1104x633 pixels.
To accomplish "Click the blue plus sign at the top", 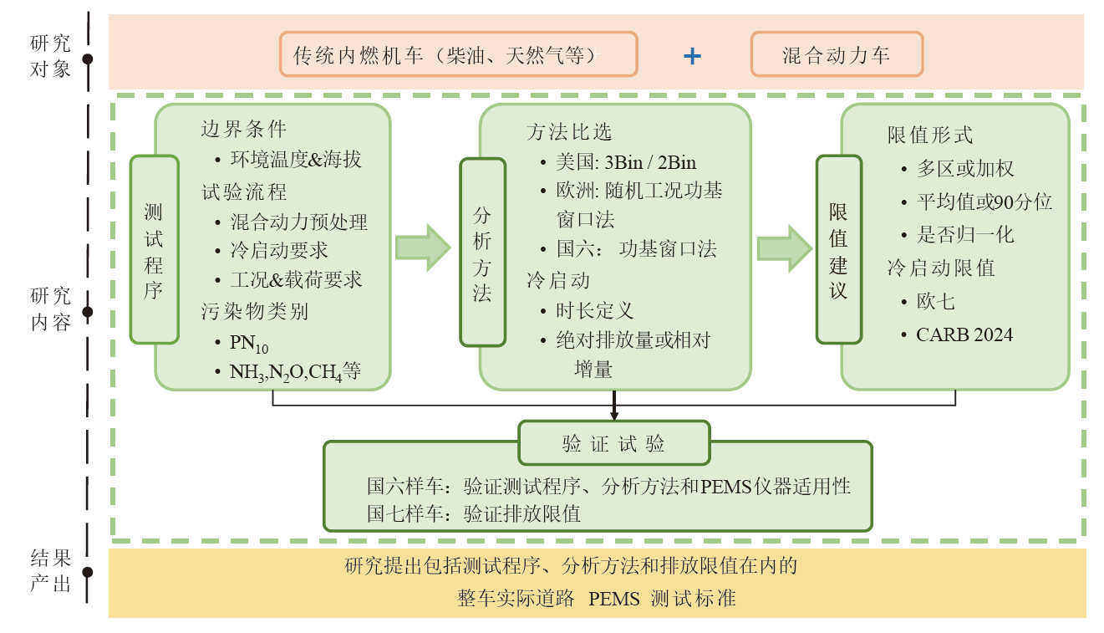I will tap(692, 56).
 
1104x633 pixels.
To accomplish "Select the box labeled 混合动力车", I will tap(837, 55).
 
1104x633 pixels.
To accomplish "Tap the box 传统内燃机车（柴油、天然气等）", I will tap(459, 55).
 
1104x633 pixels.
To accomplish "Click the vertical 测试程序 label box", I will tap(154, 249).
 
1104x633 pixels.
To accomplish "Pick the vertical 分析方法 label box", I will tap(482, 252).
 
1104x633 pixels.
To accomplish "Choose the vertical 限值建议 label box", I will tap(838, 249).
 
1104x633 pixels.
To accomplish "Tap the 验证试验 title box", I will tap(614, 443).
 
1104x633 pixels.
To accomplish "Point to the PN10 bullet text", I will tap(249, 343).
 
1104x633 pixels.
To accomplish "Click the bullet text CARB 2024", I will tap(964, 335).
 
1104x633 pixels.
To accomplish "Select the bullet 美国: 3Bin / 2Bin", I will tap(626, 162).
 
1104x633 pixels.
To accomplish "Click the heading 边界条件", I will tap(243, 129).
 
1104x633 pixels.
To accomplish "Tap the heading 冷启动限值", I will tap(940, 268).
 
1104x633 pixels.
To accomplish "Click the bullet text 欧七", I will tap(936, 302).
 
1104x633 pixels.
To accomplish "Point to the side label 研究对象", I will tap(51, 56).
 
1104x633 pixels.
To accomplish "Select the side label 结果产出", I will tap(51, 571).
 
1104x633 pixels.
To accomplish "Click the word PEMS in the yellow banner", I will tap(614, 600).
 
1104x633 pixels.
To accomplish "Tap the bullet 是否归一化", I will tap(965, 235).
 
